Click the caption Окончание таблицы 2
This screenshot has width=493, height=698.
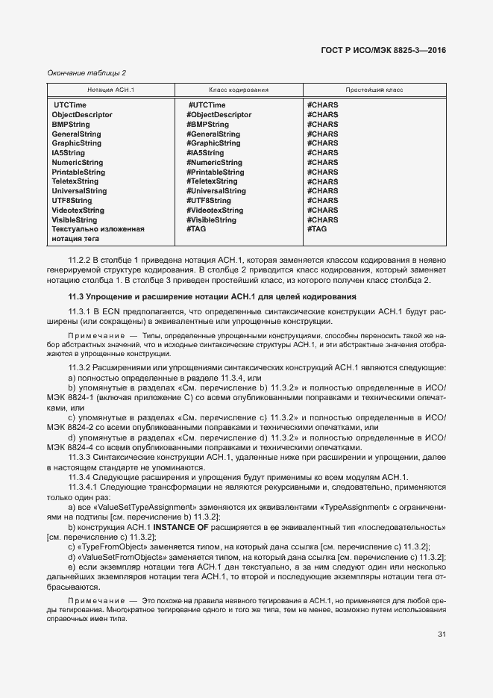click(87, 72)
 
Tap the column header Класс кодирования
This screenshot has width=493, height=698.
click(238, 90)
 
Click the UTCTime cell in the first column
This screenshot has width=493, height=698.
click(69, 105)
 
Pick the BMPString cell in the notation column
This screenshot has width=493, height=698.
click(73, 125)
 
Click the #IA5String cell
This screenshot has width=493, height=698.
click(205, 153)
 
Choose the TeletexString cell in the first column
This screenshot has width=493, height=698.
click(75, 181)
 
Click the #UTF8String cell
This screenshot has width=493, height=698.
click(209, 201)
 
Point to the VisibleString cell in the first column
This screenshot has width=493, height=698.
click(75, 220)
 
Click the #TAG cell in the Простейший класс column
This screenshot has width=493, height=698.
click(317, 229)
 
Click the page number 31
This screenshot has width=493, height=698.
click(442, 635)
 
